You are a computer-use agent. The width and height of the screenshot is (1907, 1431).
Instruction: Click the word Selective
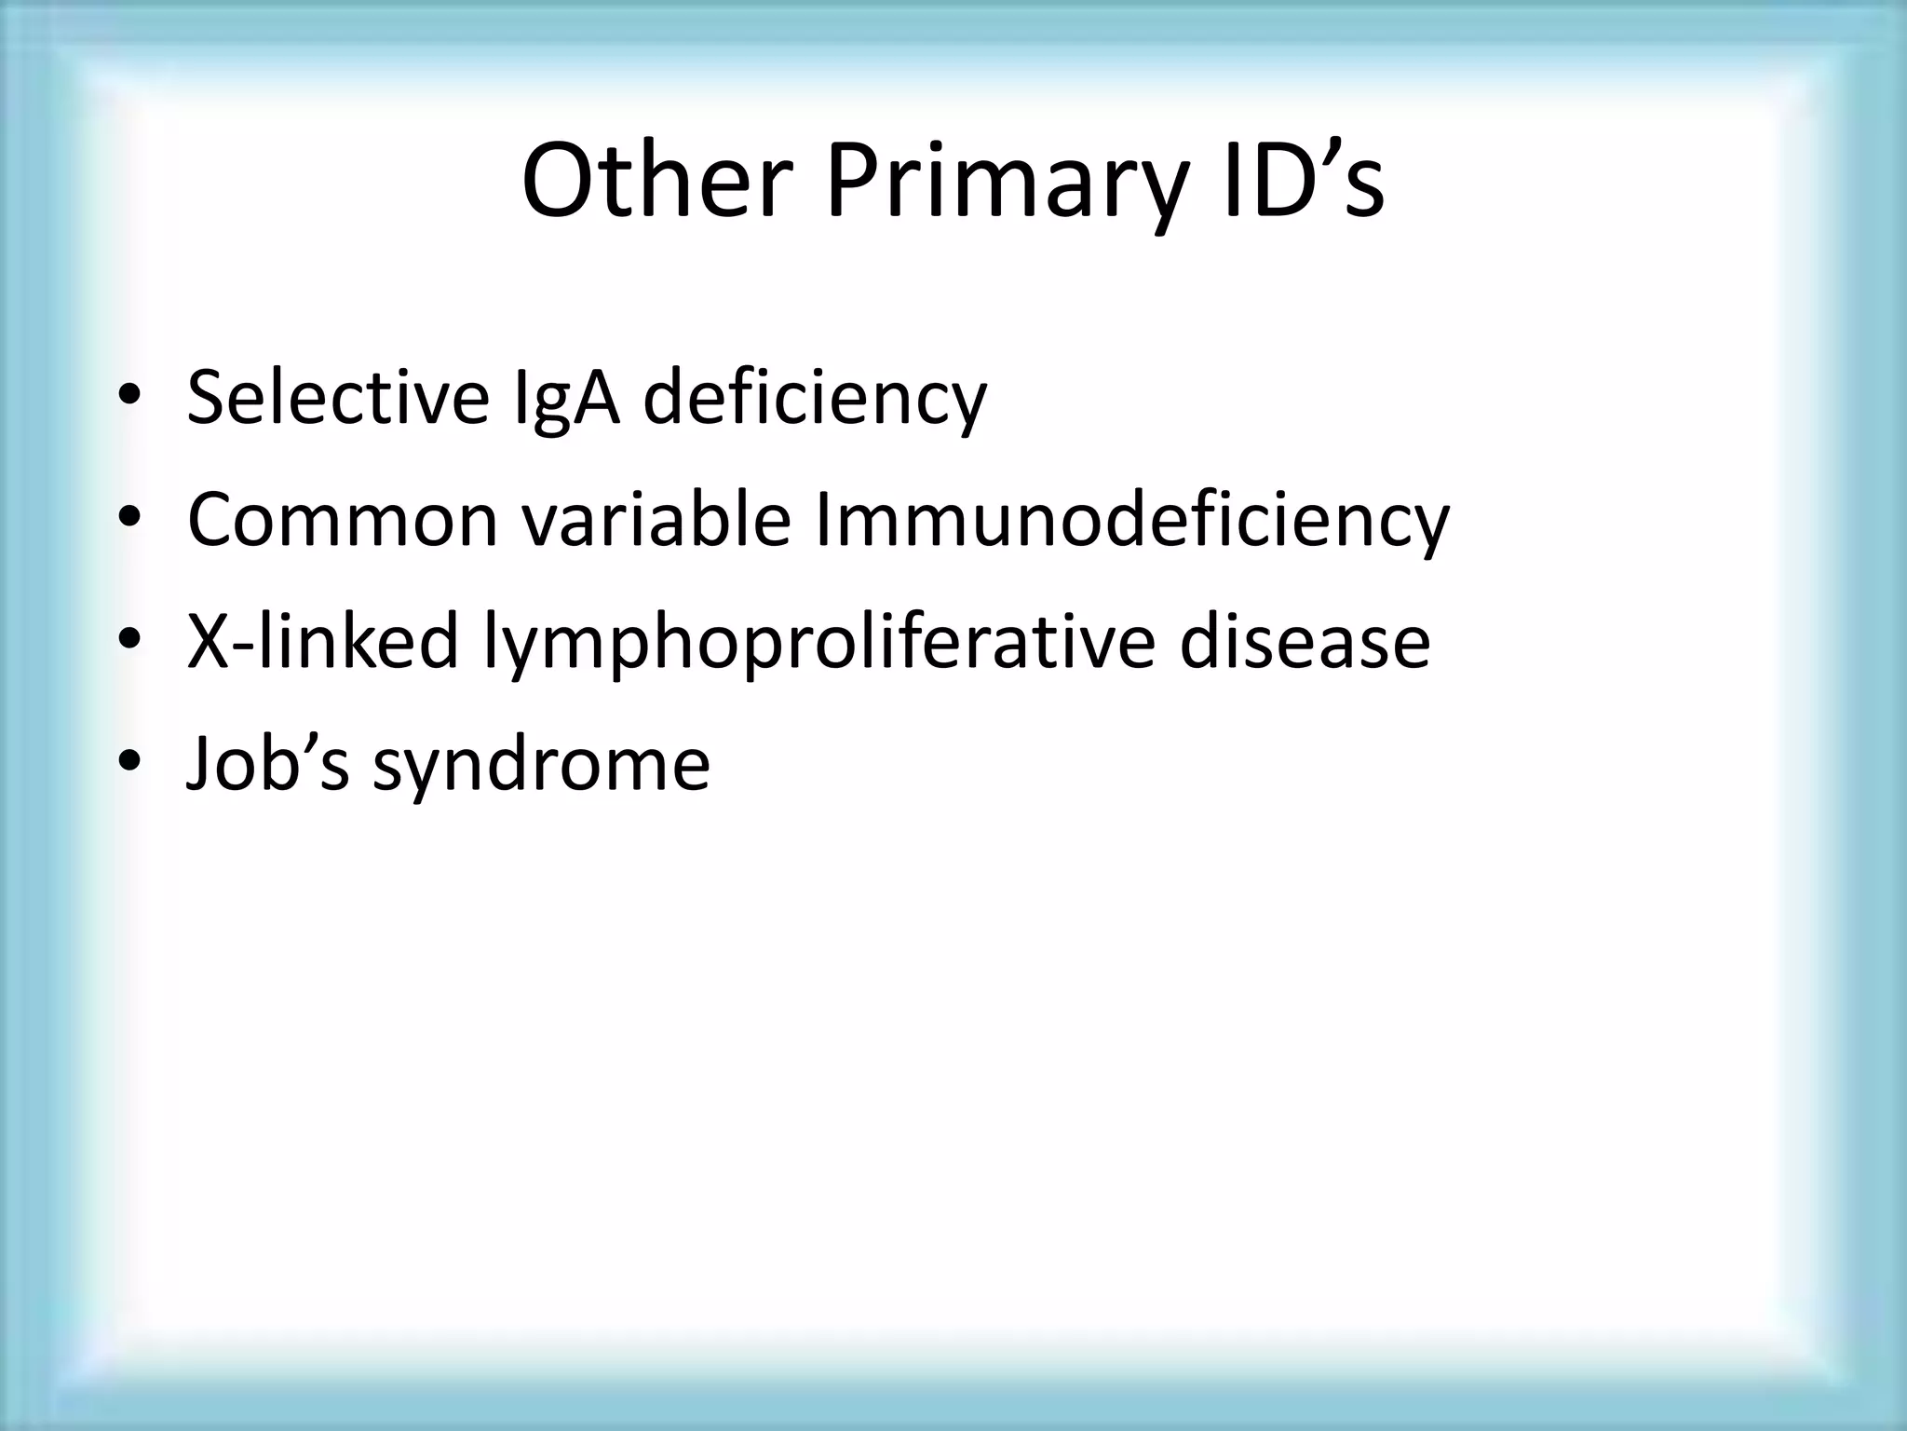(x=338, y=399)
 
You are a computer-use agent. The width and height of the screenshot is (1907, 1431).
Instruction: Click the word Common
(x=343, y=521)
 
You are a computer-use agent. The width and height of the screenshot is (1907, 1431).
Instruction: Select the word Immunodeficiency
(x=1131, y=521)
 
